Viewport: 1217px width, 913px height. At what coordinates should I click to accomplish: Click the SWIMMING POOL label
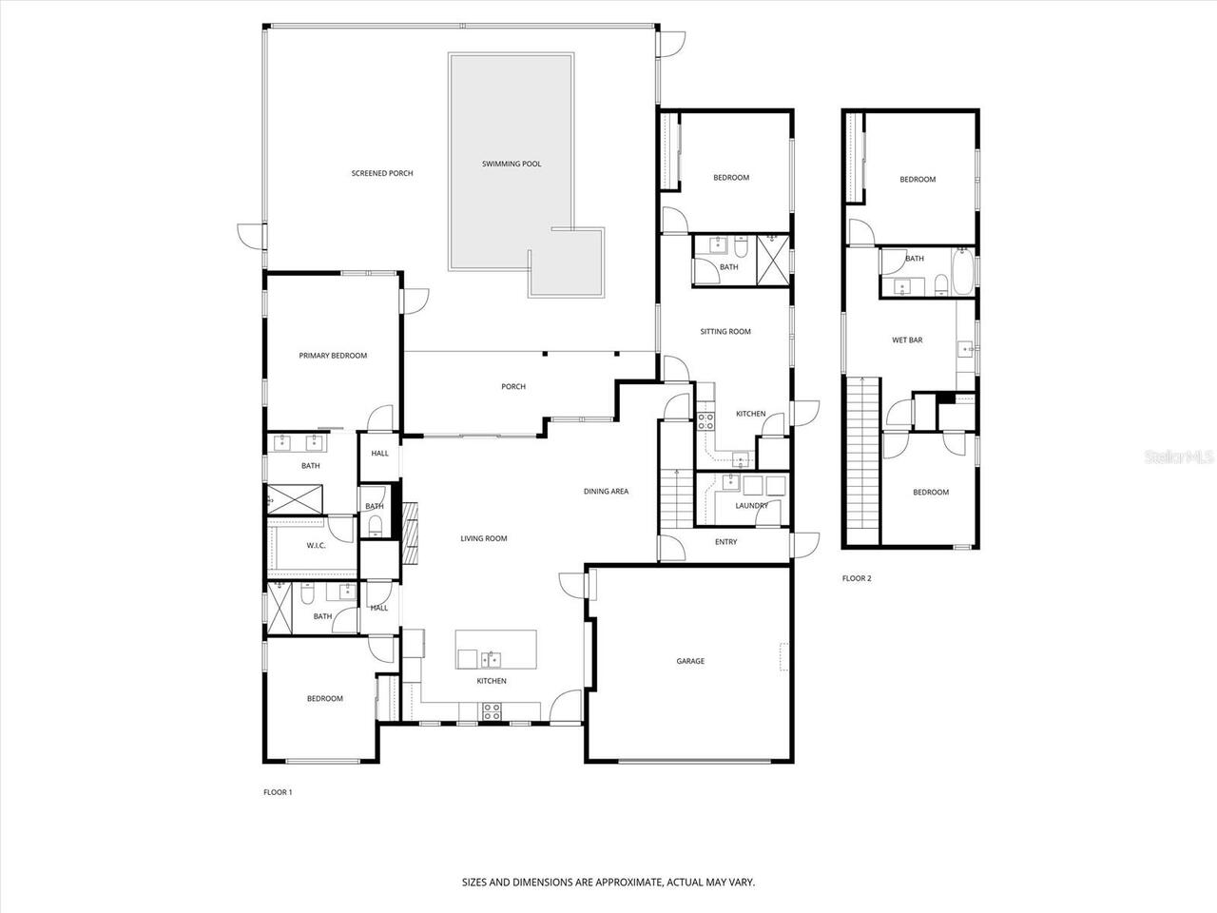(x=511, y=164)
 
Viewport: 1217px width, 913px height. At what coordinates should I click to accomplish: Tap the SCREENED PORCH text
(x=382, y=173)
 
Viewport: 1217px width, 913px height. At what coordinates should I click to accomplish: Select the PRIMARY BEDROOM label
(x=333, y=356)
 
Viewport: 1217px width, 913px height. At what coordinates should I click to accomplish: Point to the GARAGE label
(x=690, y=661)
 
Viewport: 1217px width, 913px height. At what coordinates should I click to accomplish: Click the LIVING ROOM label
(x=484, y=538)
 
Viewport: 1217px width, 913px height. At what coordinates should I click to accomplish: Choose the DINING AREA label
(x=606, y=492)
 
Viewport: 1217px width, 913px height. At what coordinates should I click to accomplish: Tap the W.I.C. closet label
(x=317, y=546)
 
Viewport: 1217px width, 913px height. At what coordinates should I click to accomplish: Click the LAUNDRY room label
(x=751, y=505)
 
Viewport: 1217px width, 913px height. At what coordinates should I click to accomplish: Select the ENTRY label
(x=725, y=542)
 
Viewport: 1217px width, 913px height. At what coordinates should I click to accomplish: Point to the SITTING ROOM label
(x=725, y=332)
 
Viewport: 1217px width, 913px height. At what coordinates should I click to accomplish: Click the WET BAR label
(x=907, y=340)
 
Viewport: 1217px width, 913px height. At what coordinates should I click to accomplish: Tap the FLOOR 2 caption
(x=857, y=578)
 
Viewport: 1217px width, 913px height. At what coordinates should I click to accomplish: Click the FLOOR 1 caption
(x=278, y=791)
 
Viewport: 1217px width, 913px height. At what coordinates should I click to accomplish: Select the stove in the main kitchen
(x=493, y=709)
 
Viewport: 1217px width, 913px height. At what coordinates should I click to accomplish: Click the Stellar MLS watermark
(x=1178, y=457)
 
